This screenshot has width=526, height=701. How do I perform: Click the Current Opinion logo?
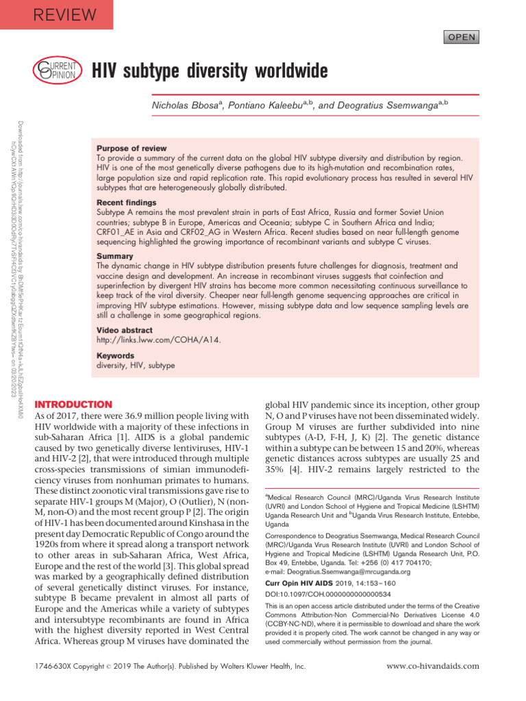(58, 71)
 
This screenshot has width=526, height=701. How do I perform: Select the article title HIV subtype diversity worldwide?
(210, 71)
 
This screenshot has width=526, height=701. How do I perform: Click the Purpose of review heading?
(131, 148)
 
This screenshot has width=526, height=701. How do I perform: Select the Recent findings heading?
(127, 203)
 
